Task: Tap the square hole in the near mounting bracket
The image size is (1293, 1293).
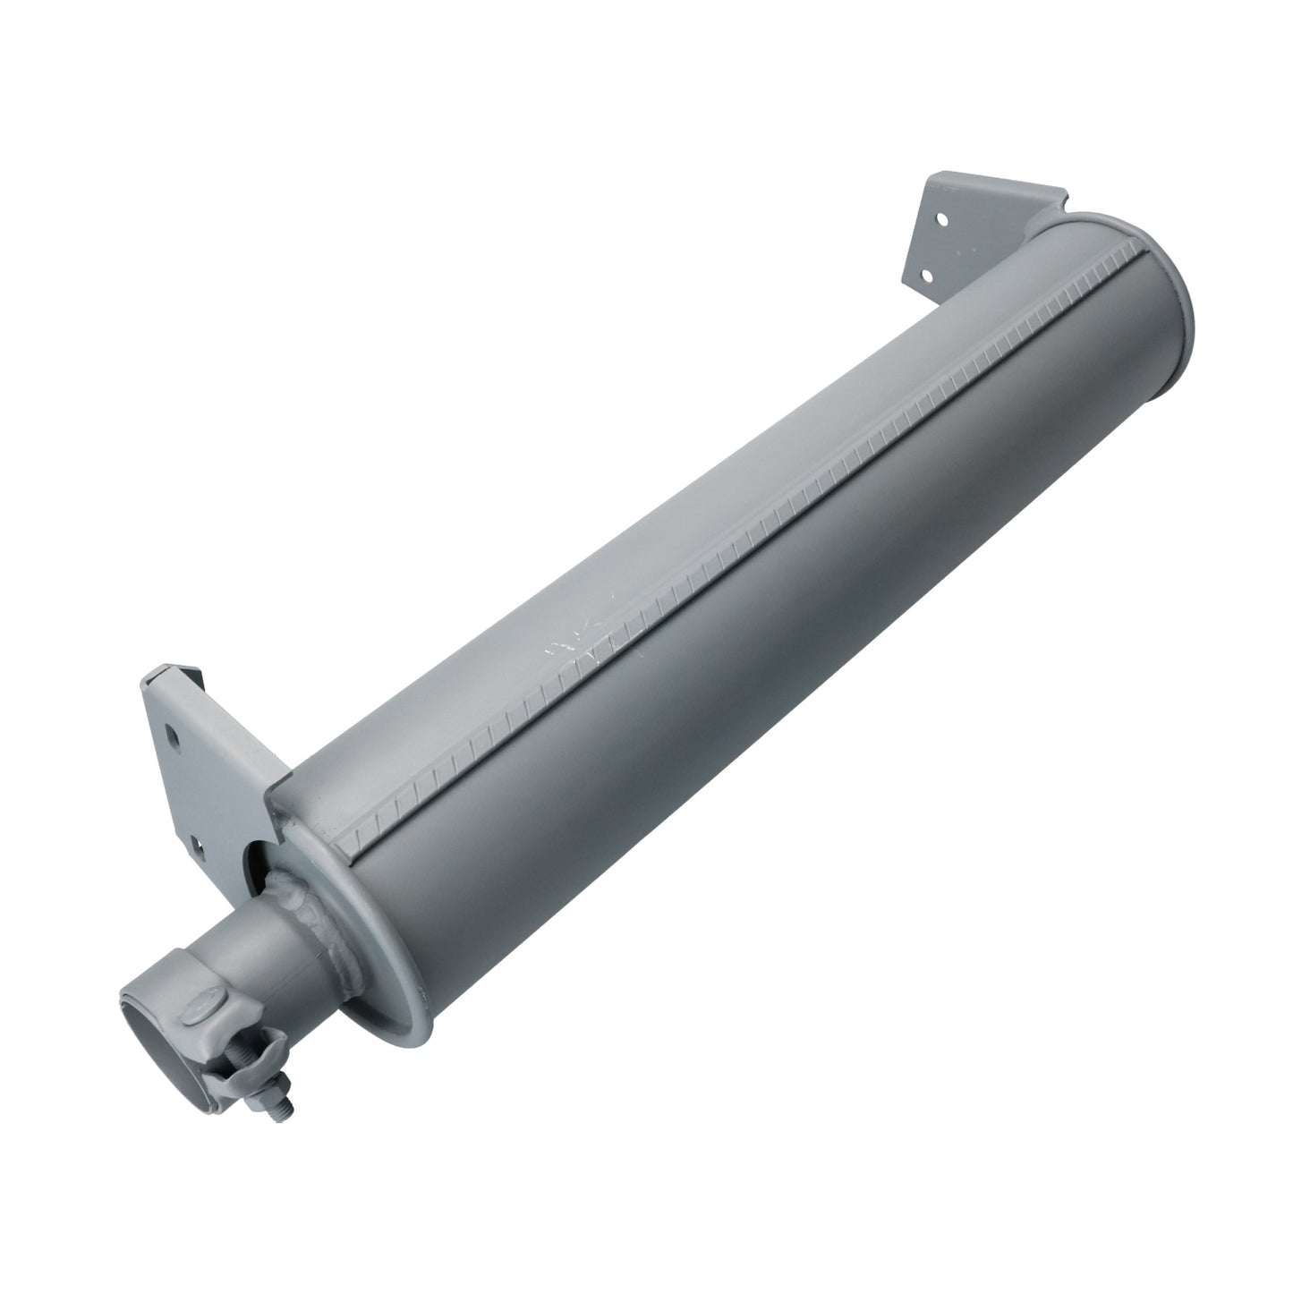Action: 196,839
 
